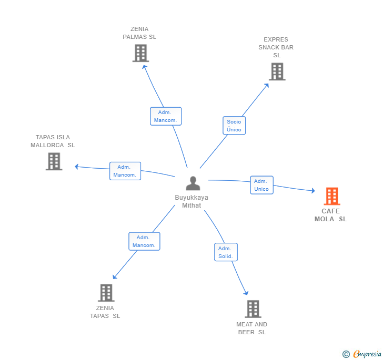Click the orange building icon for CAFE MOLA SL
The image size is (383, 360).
331,196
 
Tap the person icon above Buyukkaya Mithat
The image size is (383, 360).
193,183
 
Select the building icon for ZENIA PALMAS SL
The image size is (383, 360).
140,53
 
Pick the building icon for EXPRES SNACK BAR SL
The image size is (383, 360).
277,71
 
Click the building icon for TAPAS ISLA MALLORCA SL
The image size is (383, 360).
54,161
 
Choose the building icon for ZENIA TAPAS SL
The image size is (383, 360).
106,293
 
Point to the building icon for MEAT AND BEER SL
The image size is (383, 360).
253,309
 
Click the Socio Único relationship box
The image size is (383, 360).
234,126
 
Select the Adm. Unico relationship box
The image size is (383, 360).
261,185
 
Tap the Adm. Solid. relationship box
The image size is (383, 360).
226,252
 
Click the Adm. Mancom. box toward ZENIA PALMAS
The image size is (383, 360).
166,116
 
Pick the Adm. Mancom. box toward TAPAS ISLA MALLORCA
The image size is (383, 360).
125,171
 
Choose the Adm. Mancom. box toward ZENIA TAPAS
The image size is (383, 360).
144,241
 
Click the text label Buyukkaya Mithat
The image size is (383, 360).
191,201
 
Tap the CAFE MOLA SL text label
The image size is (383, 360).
331,215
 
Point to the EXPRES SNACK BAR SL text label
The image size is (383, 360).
276,47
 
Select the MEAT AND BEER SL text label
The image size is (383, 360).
252,328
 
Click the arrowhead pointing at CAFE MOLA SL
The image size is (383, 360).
313,191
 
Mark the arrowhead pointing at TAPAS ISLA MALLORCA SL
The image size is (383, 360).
77,167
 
